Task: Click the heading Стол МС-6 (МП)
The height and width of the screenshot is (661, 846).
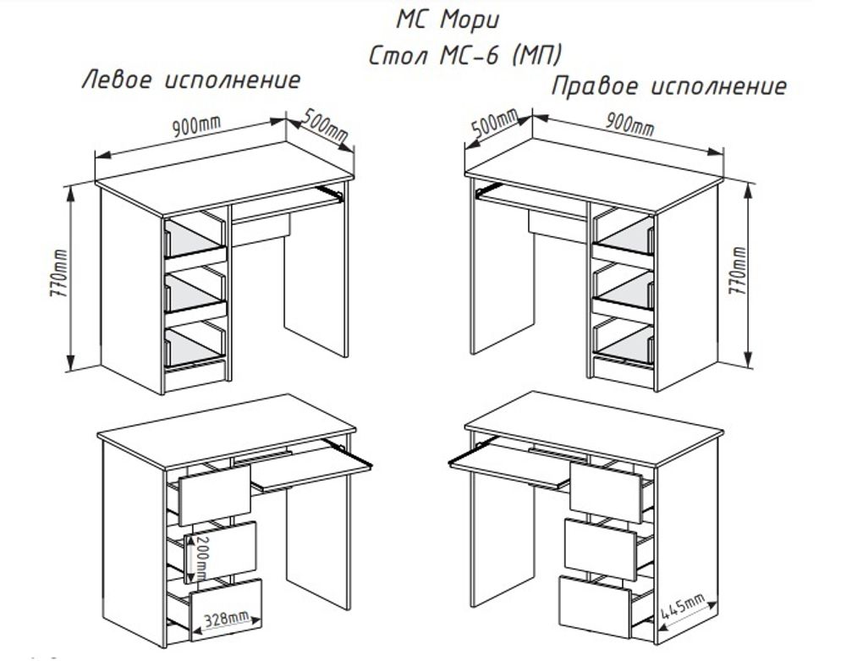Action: click(x=466, y=55)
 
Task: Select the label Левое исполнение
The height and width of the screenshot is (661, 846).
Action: click(x=190, y=81)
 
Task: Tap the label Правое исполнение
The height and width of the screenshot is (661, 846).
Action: click(x=668, y=86)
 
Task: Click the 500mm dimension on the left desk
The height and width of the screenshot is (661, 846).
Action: click(x=323, y=125)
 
